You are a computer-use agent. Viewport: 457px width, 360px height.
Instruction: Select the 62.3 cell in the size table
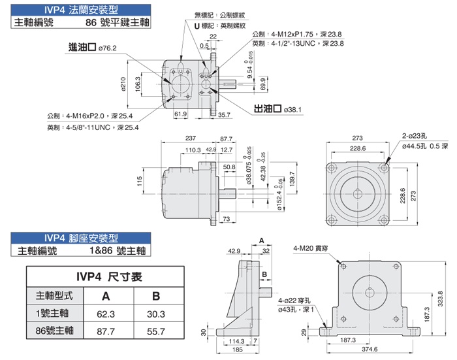pos(104,313)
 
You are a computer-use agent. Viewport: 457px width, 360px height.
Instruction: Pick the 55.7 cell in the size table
pos(156,331)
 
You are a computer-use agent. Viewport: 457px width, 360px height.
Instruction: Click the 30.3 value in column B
pos(156,313)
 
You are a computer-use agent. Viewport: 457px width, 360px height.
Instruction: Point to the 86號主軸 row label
pos(55,331)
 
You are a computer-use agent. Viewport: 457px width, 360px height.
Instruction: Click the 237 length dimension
pos(191,139)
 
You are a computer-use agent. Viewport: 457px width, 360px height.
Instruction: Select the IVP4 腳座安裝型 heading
pos(79,238)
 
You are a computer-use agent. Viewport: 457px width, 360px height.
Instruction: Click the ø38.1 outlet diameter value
pos(293,109)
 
